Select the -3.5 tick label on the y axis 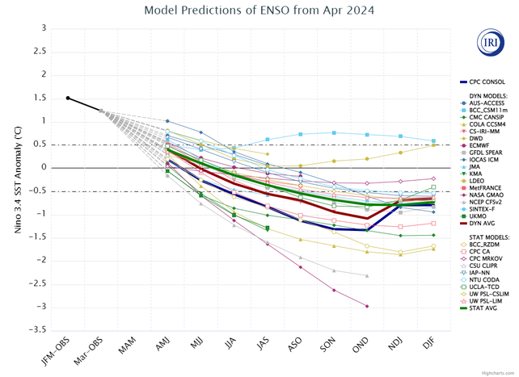[37, 330]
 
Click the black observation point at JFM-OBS [68, 98]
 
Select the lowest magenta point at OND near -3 [367, 306]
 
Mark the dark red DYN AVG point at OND [367, 218]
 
